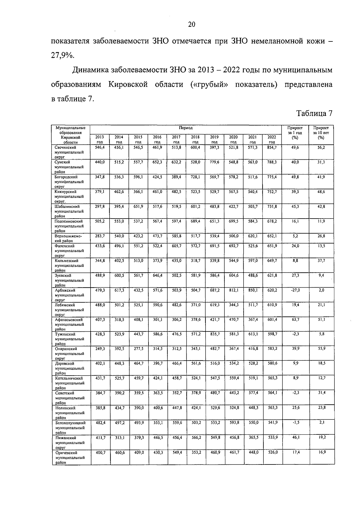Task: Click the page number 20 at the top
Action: [192, 25]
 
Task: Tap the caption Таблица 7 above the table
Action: [314, 113]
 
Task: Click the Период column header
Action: [186, 128]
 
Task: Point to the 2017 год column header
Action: [176, 140]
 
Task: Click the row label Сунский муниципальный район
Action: [69, 167]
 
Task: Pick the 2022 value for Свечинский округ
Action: [272, 147]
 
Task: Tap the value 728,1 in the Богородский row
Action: [196, 177]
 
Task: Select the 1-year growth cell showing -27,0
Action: [295, 290]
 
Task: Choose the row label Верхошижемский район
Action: [68, 238]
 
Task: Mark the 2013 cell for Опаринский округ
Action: [100, 349]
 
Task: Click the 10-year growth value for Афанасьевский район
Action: [321, 319]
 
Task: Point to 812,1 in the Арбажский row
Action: [234, 290]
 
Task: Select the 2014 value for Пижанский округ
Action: [119, 437]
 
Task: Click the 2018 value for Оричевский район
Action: [196, 452]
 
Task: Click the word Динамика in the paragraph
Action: [90, 70]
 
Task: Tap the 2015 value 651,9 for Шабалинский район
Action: [138, 207]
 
